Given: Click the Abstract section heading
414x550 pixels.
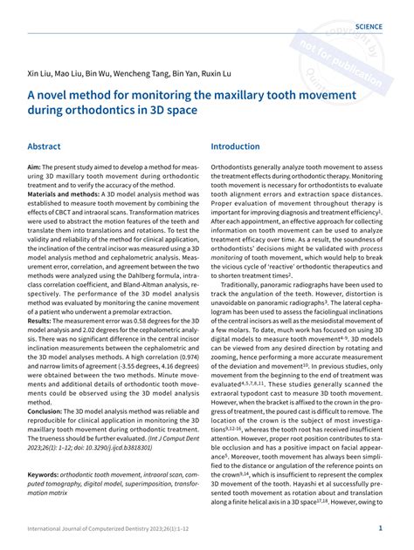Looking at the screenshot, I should [45, 147].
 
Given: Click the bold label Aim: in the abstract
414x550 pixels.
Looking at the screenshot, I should [36, 166].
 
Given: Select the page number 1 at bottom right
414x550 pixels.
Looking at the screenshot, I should [380, 528].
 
